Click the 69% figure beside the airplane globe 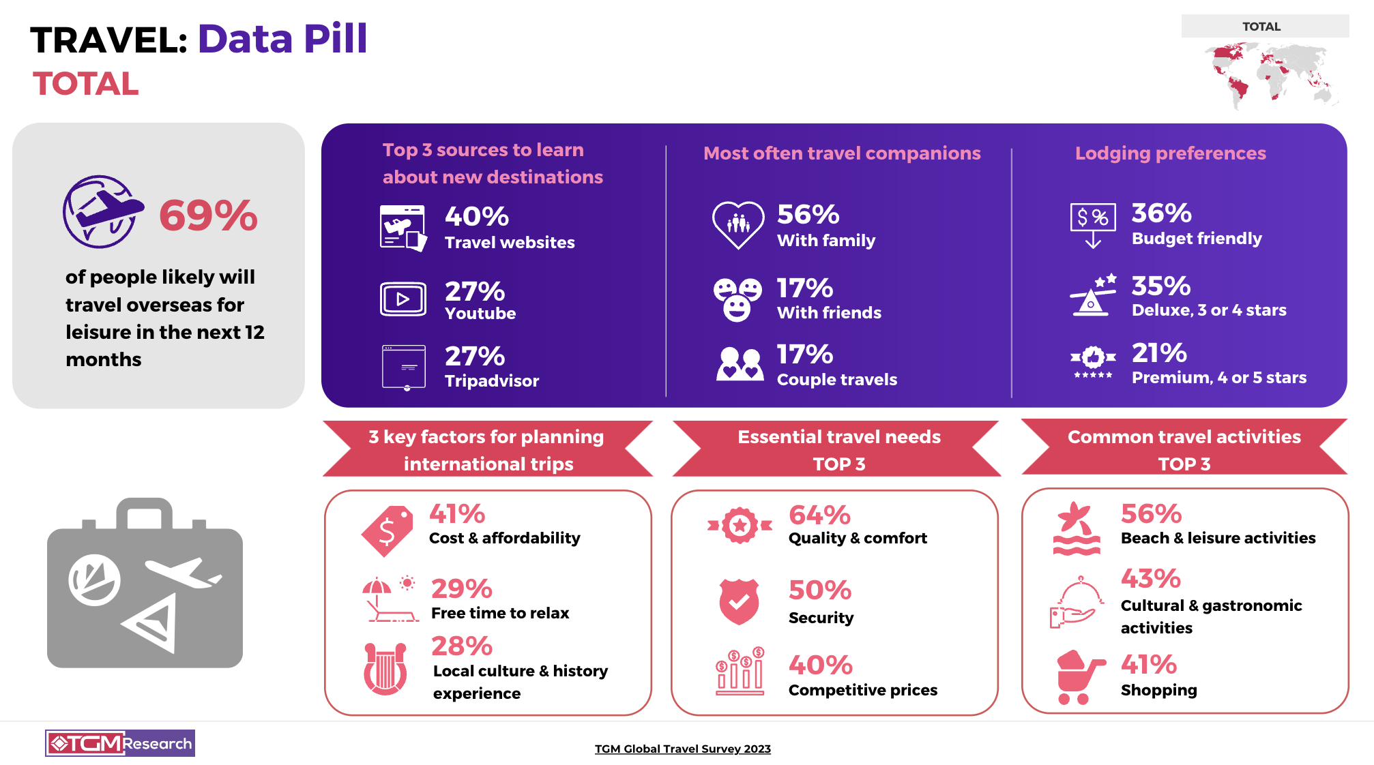click(x=208, y=215)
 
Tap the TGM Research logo click(x=120, y=743)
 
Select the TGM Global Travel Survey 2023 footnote click(x=682, y=749)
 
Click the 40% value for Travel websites click(x=476, y=217)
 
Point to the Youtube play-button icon click(x=403, y=299)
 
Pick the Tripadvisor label click(x=491, y=380)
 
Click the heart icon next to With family click(x=737, y=224)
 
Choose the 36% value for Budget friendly click(x=1161, y=213)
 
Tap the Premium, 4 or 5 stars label click(x=1218, y=378)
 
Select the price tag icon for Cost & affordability click(x=388, y=530)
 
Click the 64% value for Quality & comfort click(x=819, y=515)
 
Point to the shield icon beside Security click(x=739, y=601)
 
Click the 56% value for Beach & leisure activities click(x=1151, y=513)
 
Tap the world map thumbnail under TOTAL click(x=1270, y=72)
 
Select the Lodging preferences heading click(x=1170, y=153)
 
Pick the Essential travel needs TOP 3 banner click(x=838, y=449)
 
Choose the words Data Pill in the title click(x=282, y=39)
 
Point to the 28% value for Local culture click(x=461, y=646)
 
